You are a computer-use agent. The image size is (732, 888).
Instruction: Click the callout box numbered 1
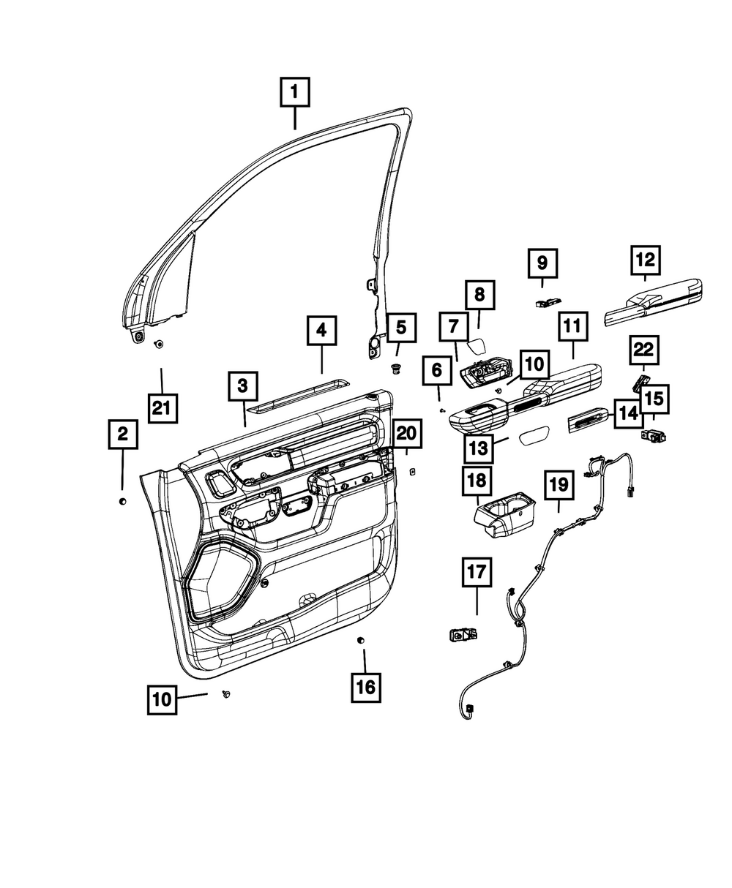(x=294, y=92)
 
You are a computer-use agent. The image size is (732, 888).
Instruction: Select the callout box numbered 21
(x=163, y=408)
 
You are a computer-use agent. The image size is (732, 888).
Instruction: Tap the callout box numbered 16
(x=365, y=686)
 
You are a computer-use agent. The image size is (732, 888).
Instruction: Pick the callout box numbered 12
(x=645, y=260)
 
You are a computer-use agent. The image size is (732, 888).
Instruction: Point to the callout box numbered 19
(x=559, y=484)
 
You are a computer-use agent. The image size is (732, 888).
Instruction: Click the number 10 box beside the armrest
(x=534, y=364)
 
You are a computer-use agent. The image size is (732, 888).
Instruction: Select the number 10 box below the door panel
(x=162, y=699)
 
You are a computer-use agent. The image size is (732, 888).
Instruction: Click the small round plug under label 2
(x=122, y=501)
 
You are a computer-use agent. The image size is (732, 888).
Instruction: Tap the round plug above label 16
(x=360, y=640)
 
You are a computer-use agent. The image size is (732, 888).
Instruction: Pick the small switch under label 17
(x=463, y=636)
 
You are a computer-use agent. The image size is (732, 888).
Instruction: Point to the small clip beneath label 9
(x=548, y=302)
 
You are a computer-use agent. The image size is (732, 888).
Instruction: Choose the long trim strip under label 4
(x=298, y=396)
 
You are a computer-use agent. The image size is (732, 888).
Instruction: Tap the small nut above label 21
(x=159, y=344)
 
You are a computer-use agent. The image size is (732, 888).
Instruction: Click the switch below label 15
(x=653, y=435)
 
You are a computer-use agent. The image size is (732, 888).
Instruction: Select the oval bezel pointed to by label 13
(x=534, y=434)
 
